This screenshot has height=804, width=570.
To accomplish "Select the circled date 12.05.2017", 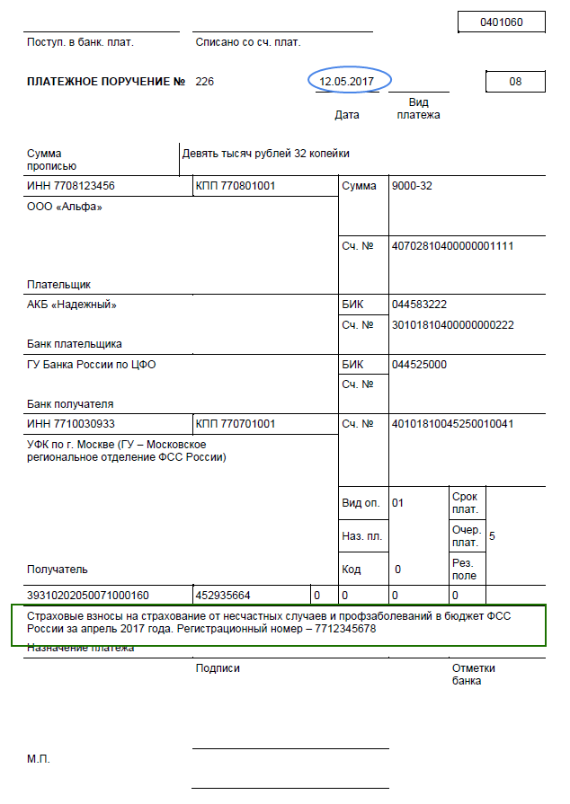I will click(x=347, y=81).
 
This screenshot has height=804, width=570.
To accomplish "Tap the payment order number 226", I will click(x=205, y=82).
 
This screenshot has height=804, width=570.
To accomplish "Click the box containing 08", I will click(x=514, y=82).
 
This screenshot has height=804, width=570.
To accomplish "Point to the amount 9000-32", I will click(x=414, y=187).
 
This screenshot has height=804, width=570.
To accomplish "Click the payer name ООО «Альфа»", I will click(x=65, y=208).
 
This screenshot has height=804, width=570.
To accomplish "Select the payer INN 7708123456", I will click(x=71, y=187).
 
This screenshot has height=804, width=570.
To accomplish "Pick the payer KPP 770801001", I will click(x=236, y=187).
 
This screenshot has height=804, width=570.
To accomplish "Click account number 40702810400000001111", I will click(x=452, y=245).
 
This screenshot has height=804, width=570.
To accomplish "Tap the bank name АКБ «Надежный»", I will click(x=72, y=305).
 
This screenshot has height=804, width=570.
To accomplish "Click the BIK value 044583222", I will click(x=419, y=305).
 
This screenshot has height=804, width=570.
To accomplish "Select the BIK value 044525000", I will click(x=419, y=364).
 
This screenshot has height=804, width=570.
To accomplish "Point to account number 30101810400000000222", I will click(x=452, y=324).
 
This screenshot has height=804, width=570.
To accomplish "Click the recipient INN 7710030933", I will click(x=71, y=423).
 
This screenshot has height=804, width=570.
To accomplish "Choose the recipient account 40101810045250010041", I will click(x=452, y=423).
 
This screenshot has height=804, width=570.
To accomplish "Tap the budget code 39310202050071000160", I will click(x=88, y=595).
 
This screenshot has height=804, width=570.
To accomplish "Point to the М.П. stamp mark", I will click(x=39, y=759).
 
